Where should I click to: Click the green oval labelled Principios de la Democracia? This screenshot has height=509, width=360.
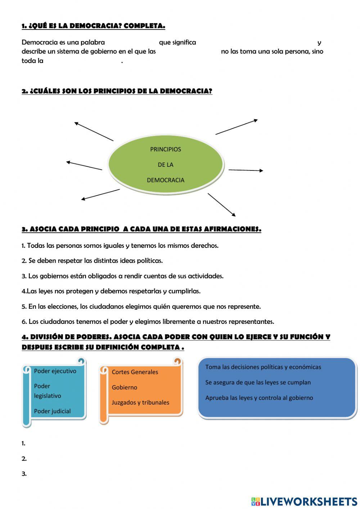pyautogui.click(x=166, y=165)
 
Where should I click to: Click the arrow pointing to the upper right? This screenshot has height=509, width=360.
pyautogui.click(x=237, y=127)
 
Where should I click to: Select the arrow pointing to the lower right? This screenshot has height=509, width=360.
pyautogui.click(x=221, y=205)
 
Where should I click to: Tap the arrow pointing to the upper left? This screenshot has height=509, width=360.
pyautogui.click(x=94, y=131)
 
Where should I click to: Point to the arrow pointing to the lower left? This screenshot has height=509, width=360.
pyautogui.click(x=100, y=194)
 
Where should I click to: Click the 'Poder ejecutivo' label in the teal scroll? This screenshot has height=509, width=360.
pyautogui.click(x=55, y=371)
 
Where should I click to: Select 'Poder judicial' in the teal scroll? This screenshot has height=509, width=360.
pyautogui.click(x=52, y=411)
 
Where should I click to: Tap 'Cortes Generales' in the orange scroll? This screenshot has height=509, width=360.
pyautogui.click(x=135, y=372)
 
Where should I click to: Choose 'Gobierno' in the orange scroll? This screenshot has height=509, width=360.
pyautogui.click(x=124, y=388)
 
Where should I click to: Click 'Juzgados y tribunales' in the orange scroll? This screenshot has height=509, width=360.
pyautogui.click(x=140, y=403)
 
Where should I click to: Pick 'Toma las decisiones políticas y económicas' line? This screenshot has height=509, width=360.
pyautogui.click(x=263, y=367)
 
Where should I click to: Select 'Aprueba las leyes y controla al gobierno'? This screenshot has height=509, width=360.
pyautogui.click(x=259, y=398)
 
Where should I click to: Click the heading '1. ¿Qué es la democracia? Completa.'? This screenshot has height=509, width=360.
pyautogui.click(x=93, y=26)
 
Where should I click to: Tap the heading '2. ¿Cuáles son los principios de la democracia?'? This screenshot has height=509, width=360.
pyautogui.click(x=117, y=91)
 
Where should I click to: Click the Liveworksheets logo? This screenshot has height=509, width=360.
pyautogui.click(x=304, y=501)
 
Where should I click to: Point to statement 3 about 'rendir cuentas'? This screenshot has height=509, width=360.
pyautogui.click(x=122, y=276)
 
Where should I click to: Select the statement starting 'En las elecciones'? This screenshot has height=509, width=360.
pyautogui.click(x=141, y=307)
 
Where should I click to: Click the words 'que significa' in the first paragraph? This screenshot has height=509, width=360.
pyautogui.click(x=177, y=43)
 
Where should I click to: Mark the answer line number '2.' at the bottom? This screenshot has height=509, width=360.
pyautogui.click(x=24, y=459)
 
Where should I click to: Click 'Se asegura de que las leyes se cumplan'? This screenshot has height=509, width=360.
pyautogui.click(x=258, y=383)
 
